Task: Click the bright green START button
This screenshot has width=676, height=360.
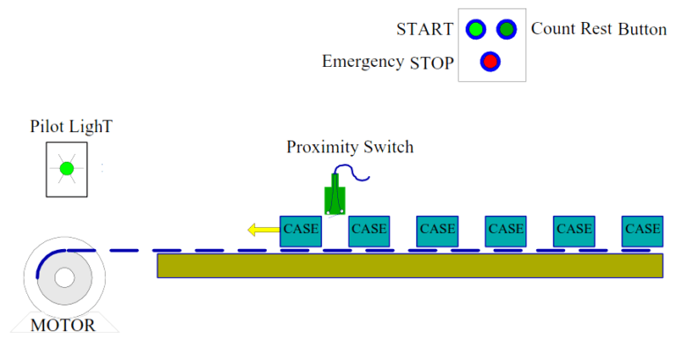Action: point(476,29)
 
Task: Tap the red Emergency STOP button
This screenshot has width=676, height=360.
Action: point(490,62)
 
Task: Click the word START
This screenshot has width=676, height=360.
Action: point(424,30)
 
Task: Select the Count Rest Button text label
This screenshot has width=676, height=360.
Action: point(599,29)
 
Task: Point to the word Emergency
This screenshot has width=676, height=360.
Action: point(363,62)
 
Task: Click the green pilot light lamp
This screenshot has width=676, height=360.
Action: point(66,169)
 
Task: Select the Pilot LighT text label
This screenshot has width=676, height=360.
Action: point(70,128)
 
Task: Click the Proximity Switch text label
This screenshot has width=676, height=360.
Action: point(349,147)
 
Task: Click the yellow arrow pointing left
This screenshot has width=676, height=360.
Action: point(262,231)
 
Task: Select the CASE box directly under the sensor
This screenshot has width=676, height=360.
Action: point(300,230)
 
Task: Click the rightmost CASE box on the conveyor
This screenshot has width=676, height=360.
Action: point(642,230)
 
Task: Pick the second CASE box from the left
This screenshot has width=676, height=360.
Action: point(369,230)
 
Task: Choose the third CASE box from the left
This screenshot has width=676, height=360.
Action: point(437,230)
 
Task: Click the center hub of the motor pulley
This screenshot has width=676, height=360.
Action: point(63,278)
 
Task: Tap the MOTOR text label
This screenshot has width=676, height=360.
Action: point(62,325)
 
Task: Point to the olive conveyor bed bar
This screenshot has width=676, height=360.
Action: point(410,266)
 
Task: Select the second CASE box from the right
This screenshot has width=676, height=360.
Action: point(574,230)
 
